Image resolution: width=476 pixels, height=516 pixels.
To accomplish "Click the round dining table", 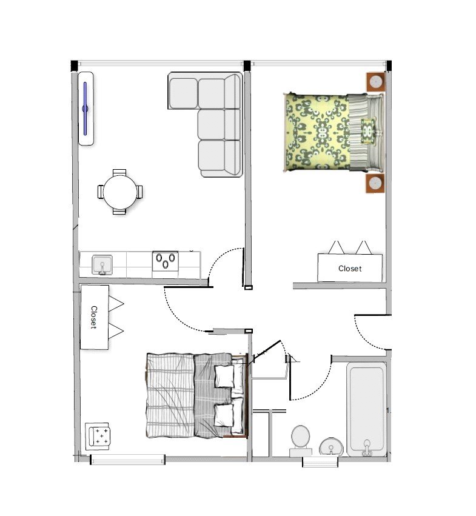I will click(x=119, y=192).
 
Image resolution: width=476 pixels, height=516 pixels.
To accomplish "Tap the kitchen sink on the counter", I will click(x=102, y=264).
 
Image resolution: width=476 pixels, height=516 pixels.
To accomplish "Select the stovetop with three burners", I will click(x=165, y=261).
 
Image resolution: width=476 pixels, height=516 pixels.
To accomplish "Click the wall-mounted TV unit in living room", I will click(x=86, y=109).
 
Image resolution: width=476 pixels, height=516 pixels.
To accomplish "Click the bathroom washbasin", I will click(x=331, y=447).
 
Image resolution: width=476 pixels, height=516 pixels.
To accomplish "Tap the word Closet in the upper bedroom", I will click(x=350, y=268).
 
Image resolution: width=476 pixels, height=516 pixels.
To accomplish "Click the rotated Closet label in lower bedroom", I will click(x=94, y=317).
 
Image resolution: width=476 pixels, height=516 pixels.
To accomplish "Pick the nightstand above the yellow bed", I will click(x=375, y=81).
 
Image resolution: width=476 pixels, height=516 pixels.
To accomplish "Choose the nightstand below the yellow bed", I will click(x=375, y=183).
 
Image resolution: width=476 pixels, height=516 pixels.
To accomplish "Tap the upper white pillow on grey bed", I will click(x=225, y=376).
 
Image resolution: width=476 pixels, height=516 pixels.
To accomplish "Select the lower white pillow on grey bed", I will click(x=224, y=416).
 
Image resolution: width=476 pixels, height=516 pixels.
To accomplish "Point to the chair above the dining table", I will click(x=119, y=173).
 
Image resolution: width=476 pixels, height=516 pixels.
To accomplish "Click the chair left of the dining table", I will click(x=101, y=192).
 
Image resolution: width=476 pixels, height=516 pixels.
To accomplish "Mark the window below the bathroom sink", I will click(x=320, y=463).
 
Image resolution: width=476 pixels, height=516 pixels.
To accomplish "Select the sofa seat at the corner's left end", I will click(x=183, y=91).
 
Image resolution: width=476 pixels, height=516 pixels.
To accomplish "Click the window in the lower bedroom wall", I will click(x=127, y=460).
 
